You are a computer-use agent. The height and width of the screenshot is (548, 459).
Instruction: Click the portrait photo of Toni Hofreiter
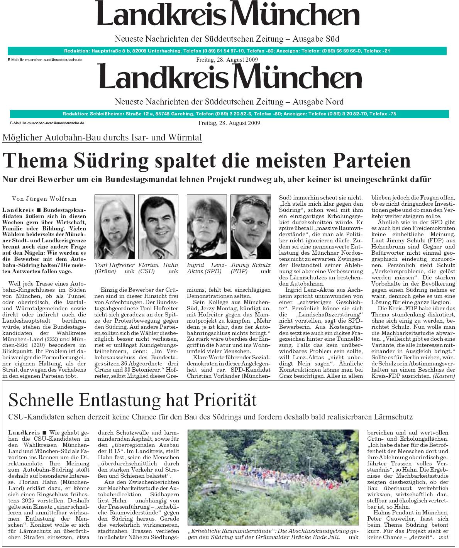[114, 228]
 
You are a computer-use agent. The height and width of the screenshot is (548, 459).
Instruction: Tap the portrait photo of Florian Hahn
[158, 228]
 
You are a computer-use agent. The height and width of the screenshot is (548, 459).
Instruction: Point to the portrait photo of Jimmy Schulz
[251, 228]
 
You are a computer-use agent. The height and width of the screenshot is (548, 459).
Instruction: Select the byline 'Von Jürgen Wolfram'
[44, 199]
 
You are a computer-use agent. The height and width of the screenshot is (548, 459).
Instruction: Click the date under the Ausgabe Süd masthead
[227, 60]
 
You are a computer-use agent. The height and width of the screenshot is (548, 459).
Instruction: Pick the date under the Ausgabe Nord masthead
[229, 123]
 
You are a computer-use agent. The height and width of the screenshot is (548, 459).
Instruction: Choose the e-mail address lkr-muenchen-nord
[47, 123]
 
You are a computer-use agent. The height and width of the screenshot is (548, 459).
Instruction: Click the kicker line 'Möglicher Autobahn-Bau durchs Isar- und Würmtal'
[102, 137]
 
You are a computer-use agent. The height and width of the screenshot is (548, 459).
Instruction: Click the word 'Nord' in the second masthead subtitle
[335, 102]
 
